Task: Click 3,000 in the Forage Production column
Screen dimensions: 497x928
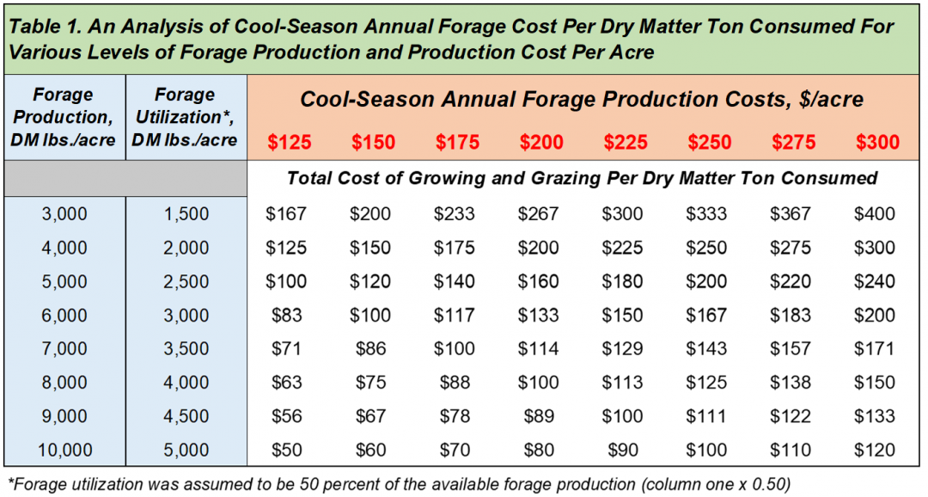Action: tap(64, 214)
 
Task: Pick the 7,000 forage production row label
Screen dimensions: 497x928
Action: tap(64, 348)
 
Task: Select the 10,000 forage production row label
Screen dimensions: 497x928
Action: tap(64, 449)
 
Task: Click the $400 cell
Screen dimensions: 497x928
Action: tap(874, 214)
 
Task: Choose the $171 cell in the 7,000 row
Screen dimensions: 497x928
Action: tap(874, 348)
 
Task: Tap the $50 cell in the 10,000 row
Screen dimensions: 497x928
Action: tap(286, 449)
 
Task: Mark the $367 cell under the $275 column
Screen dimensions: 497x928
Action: tap(790, 214)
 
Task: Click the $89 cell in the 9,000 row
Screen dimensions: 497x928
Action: tap(538, 415)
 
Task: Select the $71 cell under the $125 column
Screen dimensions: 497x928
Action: tap(286, 348)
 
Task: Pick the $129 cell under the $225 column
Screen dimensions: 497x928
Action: tap(622, 348)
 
